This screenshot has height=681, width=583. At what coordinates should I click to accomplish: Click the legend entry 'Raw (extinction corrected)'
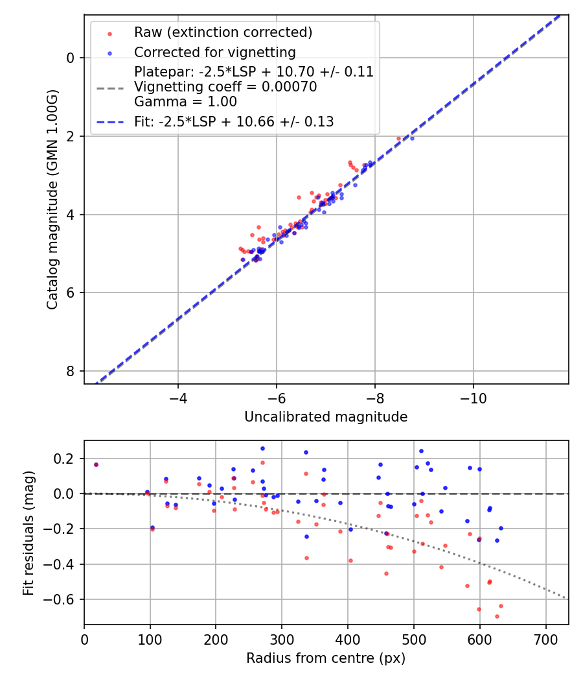[223, 32]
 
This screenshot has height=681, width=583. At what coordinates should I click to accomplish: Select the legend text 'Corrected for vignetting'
[214, 53]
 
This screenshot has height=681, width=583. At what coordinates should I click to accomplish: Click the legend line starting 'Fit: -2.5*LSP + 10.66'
[234, 121]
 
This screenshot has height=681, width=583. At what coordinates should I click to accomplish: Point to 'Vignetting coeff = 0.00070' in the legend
[225, 87]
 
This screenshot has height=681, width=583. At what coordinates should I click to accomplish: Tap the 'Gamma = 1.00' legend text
[185, 102]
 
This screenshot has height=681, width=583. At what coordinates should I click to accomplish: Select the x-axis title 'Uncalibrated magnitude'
[326, 417]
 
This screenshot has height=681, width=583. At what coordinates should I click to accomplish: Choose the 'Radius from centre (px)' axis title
[326, 658]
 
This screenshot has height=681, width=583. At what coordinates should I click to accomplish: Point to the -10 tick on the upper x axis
[473, 396]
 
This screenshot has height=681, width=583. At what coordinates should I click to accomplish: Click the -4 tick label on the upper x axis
[177, 396]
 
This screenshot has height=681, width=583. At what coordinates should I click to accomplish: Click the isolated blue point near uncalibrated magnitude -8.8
[412, 138]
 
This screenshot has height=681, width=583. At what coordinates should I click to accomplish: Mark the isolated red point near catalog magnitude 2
[398, 138]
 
